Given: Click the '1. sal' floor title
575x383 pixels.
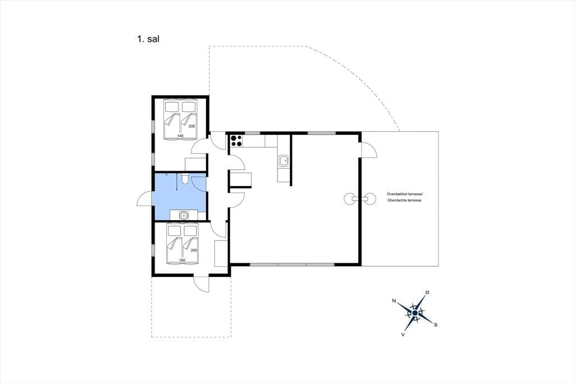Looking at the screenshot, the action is [148, 39].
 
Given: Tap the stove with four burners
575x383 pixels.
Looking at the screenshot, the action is [236, 140].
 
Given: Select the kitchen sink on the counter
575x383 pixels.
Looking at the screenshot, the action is [284, 160].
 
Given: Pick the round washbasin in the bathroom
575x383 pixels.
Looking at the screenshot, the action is [183, 215].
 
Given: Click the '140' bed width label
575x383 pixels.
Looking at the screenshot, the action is [180, 136].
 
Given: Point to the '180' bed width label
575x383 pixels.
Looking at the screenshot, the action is [182, 260].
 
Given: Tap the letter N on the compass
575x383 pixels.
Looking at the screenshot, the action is [394, 301].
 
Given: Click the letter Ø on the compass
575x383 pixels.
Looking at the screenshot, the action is [427, 292].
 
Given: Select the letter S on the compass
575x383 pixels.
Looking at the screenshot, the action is [436, 325].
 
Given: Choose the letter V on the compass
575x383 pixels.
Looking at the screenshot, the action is [403, 334].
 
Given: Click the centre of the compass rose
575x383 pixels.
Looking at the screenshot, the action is [415, 313].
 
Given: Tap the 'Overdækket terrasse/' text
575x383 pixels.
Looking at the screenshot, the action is [405, 194].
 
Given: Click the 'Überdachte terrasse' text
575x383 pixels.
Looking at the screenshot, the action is [404, 200].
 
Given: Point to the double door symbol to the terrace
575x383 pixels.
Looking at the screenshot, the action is [360, 199].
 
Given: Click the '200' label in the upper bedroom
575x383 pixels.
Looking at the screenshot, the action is [192, 126].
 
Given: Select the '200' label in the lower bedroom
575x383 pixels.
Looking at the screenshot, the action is [194, 250].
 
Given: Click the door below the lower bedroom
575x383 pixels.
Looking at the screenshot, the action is [202, 284].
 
